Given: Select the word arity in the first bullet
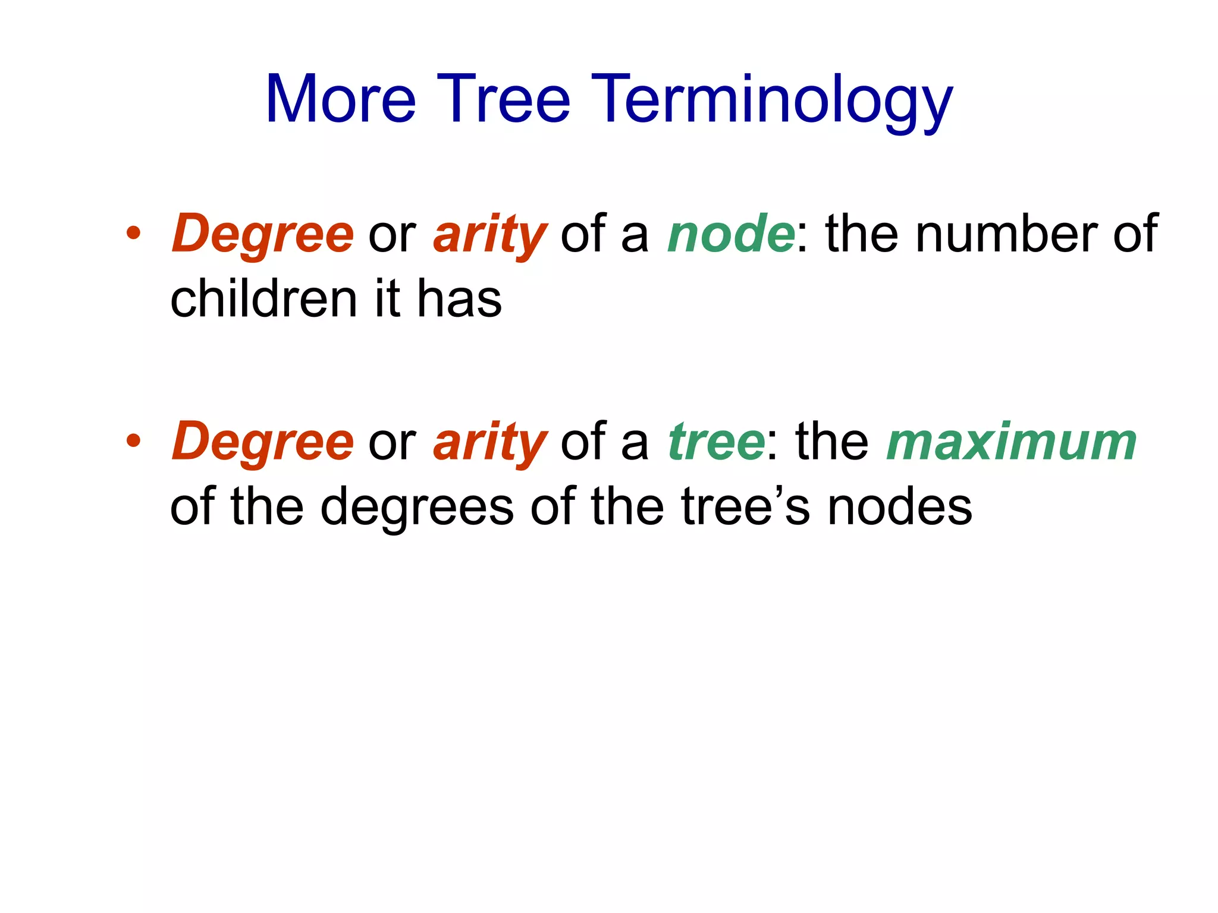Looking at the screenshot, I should (489, 235).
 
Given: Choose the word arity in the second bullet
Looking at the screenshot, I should (489, 443).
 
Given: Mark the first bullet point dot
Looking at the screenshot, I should (133, 233).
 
